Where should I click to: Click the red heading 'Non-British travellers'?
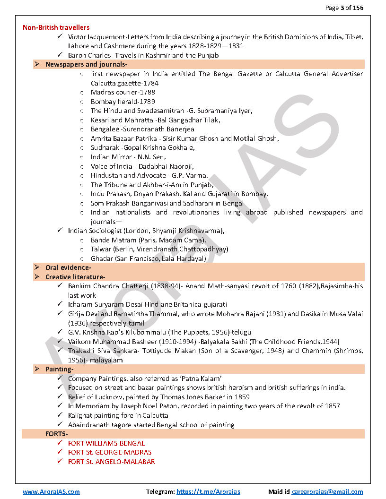point(56,27)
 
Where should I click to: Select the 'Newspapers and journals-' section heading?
point(86,64)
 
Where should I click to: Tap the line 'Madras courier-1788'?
point(123,92)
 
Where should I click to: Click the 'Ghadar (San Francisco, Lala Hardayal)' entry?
point(148,258)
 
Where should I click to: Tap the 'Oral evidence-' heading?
point(68,267)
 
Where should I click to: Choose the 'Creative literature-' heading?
point(75,277)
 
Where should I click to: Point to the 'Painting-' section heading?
point(59,369)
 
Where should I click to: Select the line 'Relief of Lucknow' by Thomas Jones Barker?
point(158,397)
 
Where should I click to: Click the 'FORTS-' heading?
point(56,434)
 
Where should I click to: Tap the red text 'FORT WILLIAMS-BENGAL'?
point(106,443)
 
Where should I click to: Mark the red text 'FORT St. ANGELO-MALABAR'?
point(111,462)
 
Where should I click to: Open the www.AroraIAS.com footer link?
point(51,492)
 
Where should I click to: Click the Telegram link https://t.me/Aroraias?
point(208,492)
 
